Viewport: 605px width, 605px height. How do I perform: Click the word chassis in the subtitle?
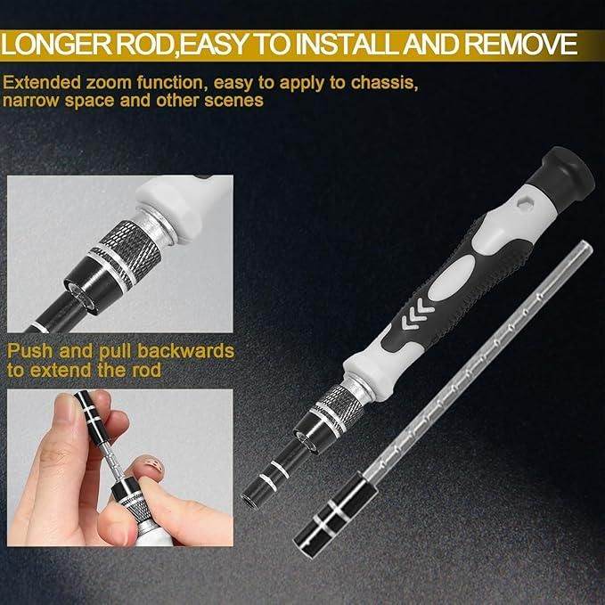pyautogui.click(x=384, y=83)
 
